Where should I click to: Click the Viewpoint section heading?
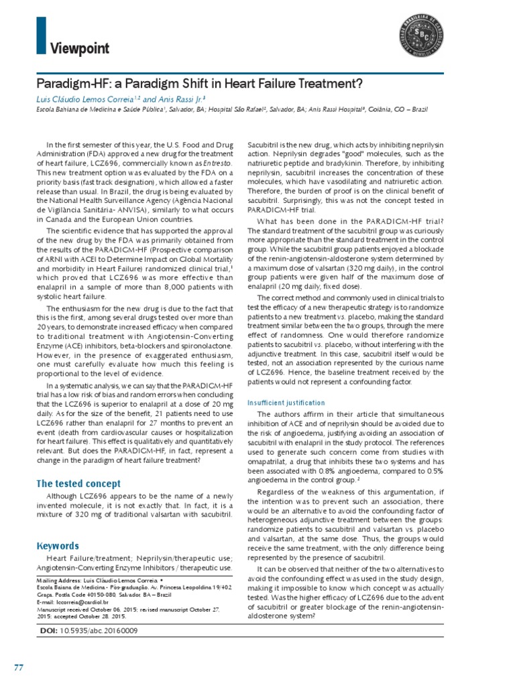[x=79, y=49]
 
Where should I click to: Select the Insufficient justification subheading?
[x=286, y=403]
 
